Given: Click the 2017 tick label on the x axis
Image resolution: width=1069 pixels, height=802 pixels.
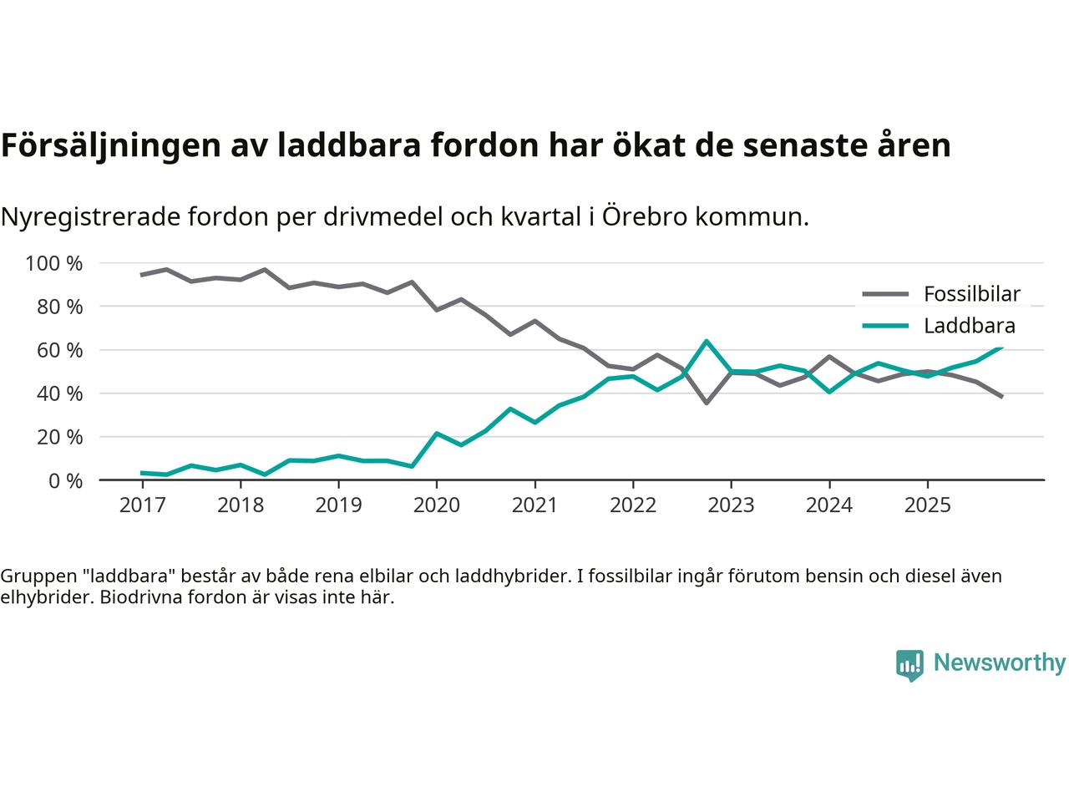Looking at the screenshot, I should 142,505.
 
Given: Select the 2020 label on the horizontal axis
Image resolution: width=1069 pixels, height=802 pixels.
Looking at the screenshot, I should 436,505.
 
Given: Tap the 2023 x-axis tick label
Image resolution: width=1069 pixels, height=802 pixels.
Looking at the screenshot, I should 731,505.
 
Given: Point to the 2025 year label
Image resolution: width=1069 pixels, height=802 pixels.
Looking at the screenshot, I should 927,505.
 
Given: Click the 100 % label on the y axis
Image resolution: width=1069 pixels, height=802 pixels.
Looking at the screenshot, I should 54,264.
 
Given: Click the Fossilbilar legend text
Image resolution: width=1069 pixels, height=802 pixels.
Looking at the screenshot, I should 971,294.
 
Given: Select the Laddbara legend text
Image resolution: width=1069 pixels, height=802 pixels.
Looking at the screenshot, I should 969,327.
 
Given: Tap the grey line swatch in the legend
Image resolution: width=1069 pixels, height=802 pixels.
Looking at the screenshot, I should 884,294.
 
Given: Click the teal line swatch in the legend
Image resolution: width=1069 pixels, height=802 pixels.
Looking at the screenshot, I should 884,327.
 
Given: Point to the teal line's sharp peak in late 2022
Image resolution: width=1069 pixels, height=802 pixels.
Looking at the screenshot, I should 707,341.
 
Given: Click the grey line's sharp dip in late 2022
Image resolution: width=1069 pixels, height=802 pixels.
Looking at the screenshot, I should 707,403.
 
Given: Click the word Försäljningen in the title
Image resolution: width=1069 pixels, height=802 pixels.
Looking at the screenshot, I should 109,145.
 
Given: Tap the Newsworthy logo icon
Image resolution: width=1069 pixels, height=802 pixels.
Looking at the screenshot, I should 909,665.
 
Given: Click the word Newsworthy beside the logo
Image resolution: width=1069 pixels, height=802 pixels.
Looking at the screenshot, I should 999,663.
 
